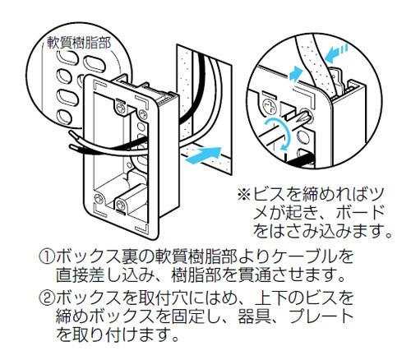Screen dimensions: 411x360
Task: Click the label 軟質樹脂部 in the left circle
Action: coord(79,43)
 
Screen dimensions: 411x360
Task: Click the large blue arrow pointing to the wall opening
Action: coord(203,155)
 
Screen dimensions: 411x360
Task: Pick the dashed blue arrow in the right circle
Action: coord(337,54)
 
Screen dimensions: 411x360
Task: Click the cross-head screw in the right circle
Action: coord(270,106)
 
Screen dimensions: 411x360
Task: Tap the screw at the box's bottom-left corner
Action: coord(99,198)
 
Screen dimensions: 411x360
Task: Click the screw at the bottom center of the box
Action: coord(120,204)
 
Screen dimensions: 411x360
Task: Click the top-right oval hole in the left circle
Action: coord(94,65)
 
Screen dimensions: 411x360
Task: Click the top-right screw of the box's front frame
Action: coord(142,113)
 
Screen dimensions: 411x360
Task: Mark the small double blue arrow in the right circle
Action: coord(296,74)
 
